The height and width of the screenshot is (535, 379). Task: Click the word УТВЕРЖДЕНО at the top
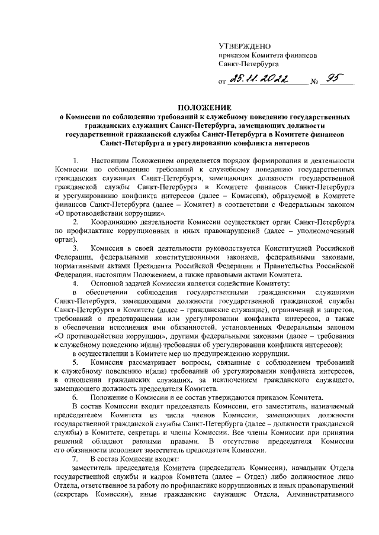(245, 46)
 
